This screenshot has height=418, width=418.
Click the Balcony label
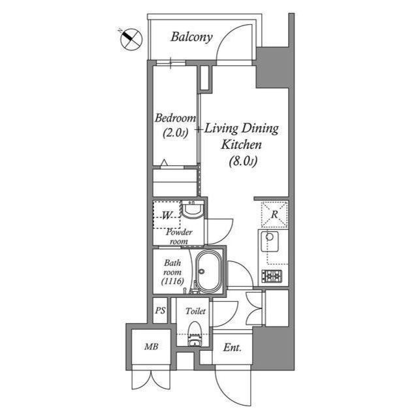(191, 37)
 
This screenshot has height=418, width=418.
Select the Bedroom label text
(174, 118)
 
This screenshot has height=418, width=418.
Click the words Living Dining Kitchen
(242, 135)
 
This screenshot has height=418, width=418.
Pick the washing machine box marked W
(167, 215)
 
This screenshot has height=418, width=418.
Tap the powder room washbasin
(192, 210)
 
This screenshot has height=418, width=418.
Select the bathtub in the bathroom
(207, 271)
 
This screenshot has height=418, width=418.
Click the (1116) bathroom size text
(172, 281)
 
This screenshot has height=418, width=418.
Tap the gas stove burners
(271, 276)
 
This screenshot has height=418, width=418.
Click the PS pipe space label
(160, 311)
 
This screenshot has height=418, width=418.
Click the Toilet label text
(195, 312)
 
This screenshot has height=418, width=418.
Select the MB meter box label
(151, 347)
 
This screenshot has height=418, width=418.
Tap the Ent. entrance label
(232, 347)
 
